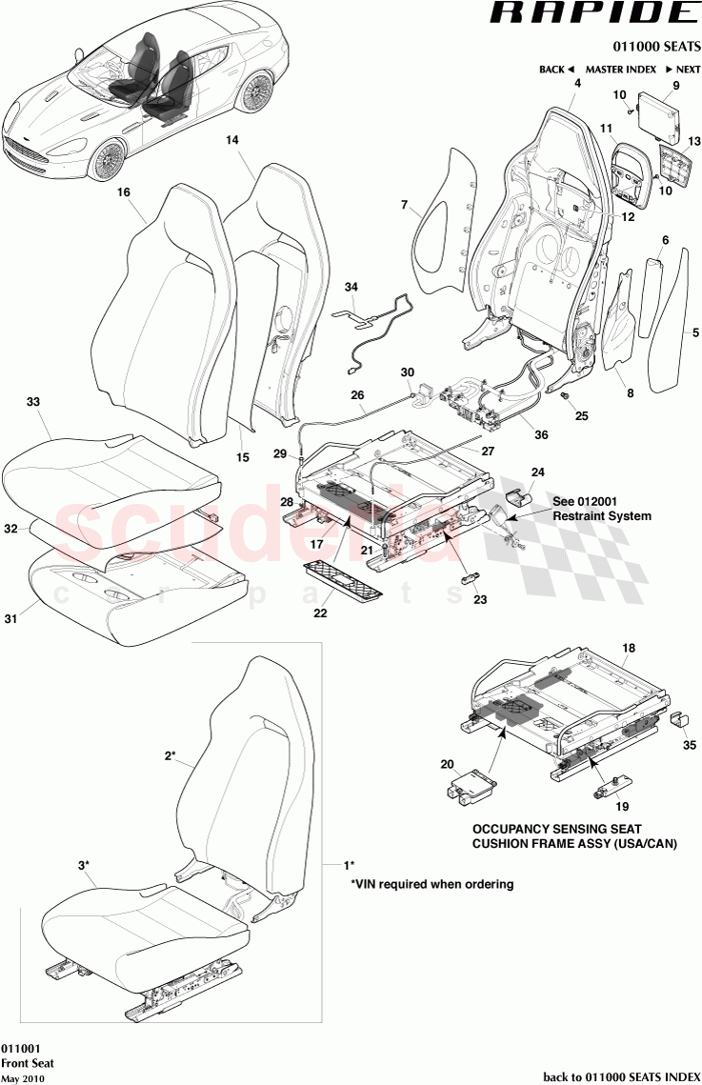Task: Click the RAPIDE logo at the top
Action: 592,14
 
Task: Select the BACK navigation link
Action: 556,70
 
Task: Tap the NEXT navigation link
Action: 683,70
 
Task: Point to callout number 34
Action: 351,287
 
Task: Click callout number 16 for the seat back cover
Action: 123,192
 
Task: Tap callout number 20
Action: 448,763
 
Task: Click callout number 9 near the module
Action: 675,86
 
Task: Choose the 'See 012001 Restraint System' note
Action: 602,508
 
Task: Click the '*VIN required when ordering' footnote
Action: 432,884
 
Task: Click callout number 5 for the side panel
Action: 695,332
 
